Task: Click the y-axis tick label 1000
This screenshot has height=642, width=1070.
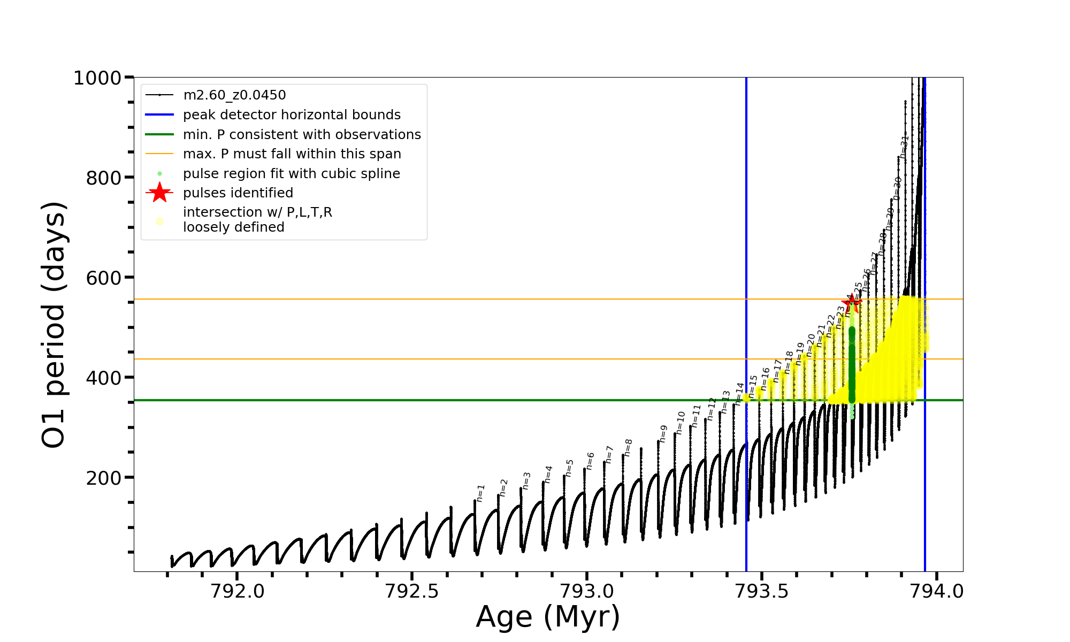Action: tap(97, 78)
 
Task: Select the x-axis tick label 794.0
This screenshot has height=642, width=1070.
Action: tap(936, 591)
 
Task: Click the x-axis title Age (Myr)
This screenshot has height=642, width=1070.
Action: tap(548, 617)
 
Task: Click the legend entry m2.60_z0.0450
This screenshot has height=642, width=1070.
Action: tap(234, 95)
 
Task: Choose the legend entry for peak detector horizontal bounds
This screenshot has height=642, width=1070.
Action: tap(292, 115)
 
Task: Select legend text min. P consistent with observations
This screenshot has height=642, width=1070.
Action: tap(302, 134)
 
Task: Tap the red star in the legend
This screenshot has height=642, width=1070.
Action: tap(159, 193)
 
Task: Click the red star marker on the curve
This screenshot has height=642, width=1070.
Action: tap(852, 303)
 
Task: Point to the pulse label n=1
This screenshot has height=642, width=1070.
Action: tap(480, 493)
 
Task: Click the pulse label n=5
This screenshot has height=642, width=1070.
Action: tap(569, 468)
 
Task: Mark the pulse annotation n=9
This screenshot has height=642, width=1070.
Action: tap(663, 433)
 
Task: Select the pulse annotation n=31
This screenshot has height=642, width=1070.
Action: tap(904, 146)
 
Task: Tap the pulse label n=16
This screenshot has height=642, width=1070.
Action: tap(766, 378)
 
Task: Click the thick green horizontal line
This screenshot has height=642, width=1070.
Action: tap(428, 400)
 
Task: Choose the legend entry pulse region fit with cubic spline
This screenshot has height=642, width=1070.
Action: tap(291, 174)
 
